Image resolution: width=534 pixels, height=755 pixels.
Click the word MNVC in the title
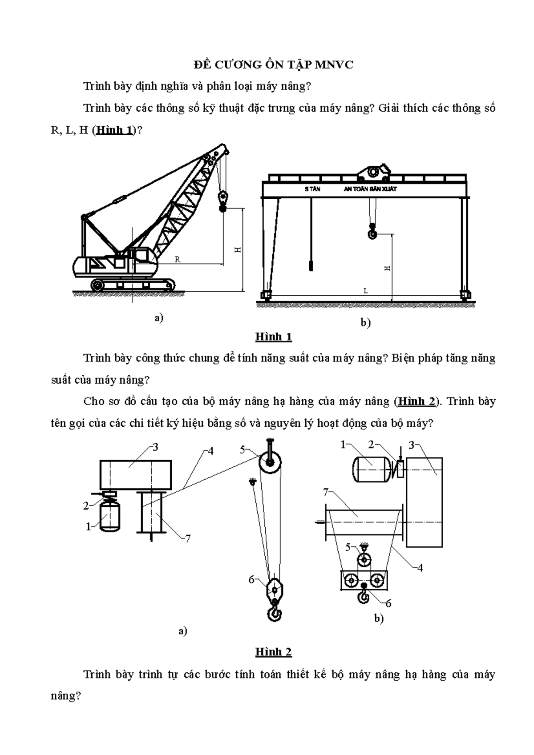pyautogui.click(x=334, y=65)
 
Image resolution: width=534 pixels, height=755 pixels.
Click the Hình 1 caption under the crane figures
pyautogui.click(x=273, y=337)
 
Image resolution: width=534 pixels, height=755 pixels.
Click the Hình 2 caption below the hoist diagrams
pyautogui.click(x=273, y=652)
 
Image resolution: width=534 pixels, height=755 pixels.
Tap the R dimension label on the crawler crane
pyautogui.click(x=177, y=259)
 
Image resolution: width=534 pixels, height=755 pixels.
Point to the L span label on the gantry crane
pyautogui.click(x=366, y=291)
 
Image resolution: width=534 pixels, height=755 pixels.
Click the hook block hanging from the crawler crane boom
pyautogui.click(x=223, y=199)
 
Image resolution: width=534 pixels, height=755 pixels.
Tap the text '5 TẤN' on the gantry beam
pyautogui.click(x=312, y=189)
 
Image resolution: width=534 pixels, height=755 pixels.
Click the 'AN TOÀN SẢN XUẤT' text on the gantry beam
pyautogui.click(x=370, y=189)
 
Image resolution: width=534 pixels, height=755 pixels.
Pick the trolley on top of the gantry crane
pyautogui.click(x=374, y=171)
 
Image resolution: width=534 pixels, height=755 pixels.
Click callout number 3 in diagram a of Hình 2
pyautogui.click(x=155, y=447)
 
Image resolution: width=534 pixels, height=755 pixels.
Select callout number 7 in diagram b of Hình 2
pyautogui.click(x=326, y=492)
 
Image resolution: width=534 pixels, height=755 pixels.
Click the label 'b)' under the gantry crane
pyautogui.click(x=365, y=323)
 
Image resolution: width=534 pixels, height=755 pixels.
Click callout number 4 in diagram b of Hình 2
pyautogui.click(x=420, y=568)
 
